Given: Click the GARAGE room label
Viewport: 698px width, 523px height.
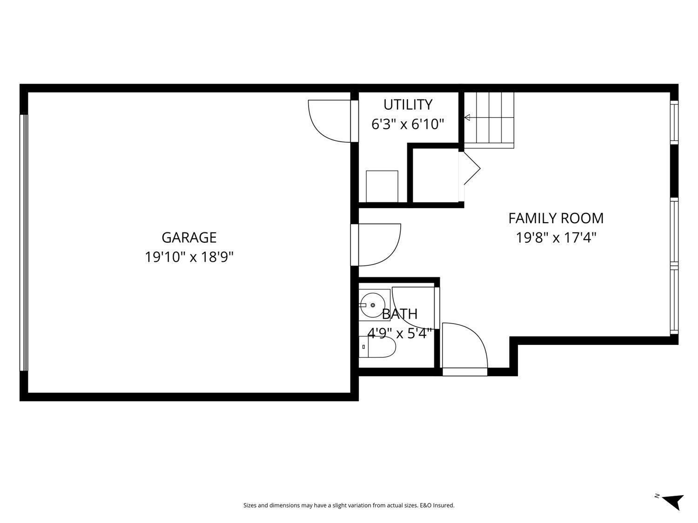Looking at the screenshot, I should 189,238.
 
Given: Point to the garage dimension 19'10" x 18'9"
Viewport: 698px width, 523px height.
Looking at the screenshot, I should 189,257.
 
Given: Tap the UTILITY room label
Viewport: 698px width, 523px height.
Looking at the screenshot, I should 408,104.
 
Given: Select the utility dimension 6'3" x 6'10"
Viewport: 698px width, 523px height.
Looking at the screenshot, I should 408,124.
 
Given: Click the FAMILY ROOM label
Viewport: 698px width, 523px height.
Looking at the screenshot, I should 556,218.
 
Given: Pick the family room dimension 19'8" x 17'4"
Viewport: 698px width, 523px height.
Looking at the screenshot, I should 556,238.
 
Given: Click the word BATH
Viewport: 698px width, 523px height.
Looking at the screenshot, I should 399,314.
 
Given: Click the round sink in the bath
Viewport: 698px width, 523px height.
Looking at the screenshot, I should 373,305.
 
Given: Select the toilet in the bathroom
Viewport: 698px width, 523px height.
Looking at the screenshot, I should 379,347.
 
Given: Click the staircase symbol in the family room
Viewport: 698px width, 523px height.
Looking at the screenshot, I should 490,119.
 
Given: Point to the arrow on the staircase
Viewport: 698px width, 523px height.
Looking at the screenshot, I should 467,118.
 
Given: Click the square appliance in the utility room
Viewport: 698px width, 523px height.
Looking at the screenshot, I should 382,186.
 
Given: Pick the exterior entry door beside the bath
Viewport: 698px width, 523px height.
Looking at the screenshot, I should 464,349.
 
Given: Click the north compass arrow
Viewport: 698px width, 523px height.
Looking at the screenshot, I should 673,501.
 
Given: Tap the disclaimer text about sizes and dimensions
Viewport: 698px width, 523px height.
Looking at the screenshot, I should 349,505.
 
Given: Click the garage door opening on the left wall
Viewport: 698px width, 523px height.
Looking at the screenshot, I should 24,242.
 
